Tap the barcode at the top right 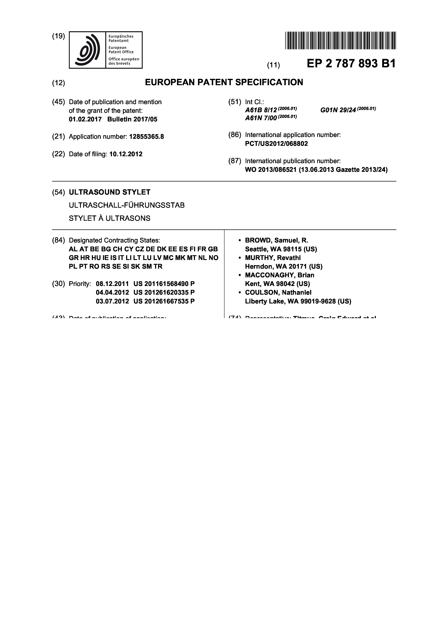click(340, 40)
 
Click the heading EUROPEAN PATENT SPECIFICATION click(224, 82)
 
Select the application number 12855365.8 click(147, 137)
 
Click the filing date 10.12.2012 click(126, 154)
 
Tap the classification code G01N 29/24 click(338, 110)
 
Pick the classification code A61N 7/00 click(261, 118)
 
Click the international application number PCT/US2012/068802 click(276, 144)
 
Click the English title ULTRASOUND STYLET click(109, 192)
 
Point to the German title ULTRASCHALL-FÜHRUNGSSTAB click(127, 205)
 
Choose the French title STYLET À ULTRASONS click(109, 218)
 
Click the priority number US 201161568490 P click(164, 284)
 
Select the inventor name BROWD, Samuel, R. click(276, 240)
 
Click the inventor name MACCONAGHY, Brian click(280, 275)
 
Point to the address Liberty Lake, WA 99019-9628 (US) click(298, 301)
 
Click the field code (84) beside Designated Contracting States click(59, 240)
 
